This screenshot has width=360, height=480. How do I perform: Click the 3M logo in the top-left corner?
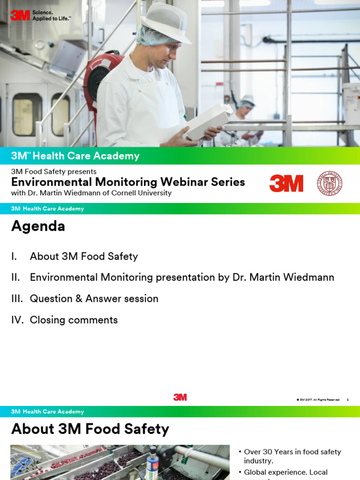pos(20,15)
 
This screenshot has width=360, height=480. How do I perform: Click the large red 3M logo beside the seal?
pos(286,183)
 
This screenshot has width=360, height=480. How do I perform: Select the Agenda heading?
pos(38,226)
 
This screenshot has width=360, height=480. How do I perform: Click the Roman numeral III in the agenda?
pos(17,299)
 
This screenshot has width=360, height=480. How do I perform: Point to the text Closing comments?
pos(74,320)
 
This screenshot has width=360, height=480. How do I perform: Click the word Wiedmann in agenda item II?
pos(312,277)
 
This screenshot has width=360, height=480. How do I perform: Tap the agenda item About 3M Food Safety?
pos(83,256)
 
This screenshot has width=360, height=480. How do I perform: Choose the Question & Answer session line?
pos(94,299)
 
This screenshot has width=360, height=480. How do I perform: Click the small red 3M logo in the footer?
pos(180,397)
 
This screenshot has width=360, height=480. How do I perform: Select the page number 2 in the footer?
pos(347,400)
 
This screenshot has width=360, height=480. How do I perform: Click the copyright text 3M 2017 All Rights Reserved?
pos(318,400)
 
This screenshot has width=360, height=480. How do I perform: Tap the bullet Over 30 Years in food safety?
pos(292,456)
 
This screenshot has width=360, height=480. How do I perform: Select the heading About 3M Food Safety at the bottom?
pos(90,429)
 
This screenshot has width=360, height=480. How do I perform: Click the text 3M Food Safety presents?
pos(54,172)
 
